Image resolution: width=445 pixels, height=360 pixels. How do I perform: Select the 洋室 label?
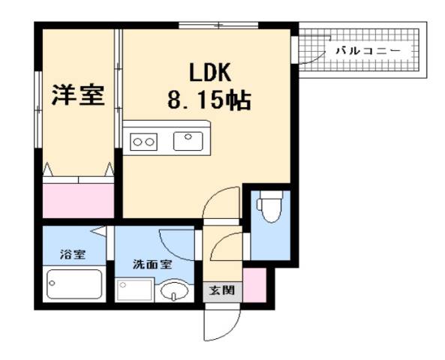coord(77,95)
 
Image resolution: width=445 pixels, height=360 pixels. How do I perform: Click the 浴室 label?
coord(74,253)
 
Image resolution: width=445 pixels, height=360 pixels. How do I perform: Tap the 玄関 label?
coord(221,290)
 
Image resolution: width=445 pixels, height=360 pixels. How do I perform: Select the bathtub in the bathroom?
coord(74,286)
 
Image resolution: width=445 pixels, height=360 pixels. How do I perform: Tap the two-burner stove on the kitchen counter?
coord(144,140)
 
